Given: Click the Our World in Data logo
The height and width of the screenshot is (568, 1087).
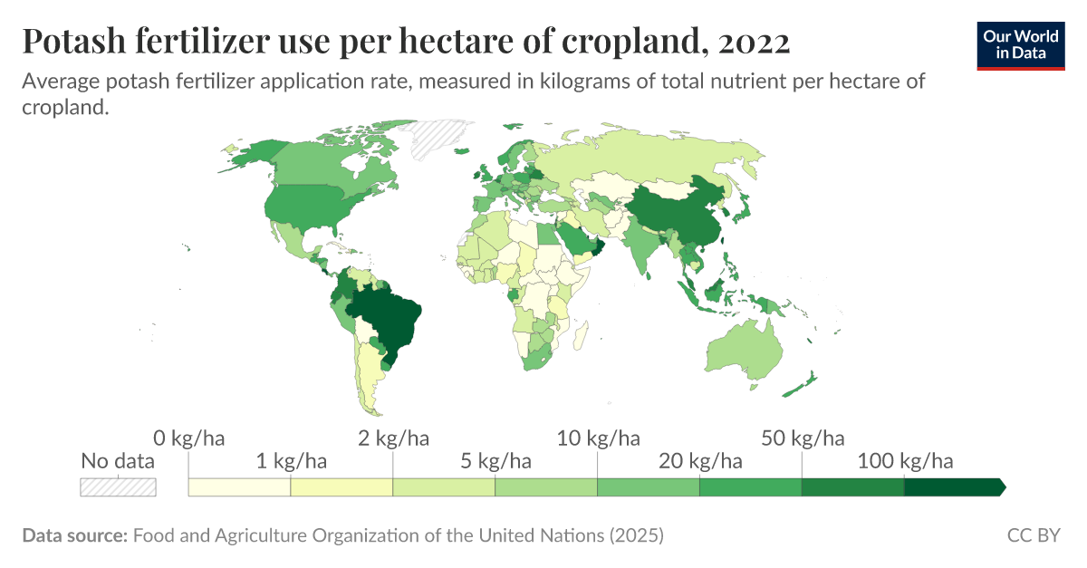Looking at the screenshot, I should click(x=1020, y=44).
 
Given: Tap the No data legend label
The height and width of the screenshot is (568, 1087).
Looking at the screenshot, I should click(x=118, y=461).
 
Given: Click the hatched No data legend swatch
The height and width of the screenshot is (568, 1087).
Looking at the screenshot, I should click(x=118, y=487).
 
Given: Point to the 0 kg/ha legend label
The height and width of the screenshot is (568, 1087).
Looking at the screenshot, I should click(x=188, y=439).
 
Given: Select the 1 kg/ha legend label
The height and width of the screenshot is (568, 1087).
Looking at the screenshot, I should click(x=291, y=462).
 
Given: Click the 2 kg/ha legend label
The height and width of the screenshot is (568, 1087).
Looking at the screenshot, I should click(x=393, y=439).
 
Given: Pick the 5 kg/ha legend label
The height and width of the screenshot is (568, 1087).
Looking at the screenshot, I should click(x=495, y=462).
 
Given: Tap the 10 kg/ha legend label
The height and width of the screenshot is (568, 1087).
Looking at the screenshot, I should click(x=598, y=439).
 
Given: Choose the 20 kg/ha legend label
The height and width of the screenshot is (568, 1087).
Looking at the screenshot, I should click(x=700, y=462).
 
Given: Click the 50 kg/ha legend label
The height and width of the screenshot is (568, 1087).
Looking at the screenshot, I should click(x=803, y=439).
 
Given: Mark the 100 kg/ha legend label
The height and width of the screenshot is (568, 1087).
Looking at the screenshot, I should click(x=905, y=462).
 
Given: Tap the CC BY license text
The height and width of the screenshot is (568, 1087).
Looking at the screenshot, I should click(x=1034, y=535).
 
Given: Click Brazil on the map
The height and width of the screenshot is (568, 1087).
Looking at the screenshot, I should click(x=385, y=317).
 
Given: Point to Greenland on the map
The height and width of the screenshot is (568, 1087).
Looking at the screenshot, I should click(x=434, y=140).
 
